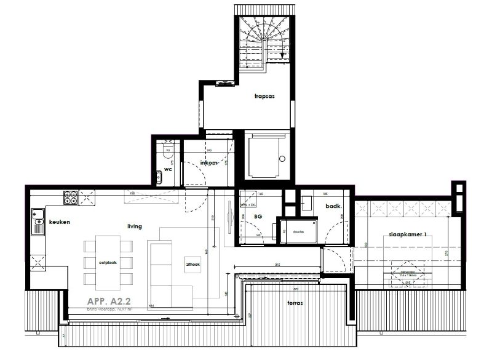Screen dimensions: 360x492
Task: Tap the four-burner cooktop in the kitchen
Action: pyautogui.click(x=70, y=198)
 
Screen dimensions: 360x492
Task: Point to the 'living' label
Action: pyautogui.click(x=134, y=226)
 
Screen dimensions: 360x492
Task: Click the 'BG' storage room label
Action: pyautogui.click(x=258, y=217)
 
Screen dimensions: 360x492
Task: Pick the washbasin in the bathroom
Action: pyautogui.click(x=307, y=201)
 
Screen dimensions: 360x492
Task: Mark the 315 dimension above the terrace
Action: pyautogui.click(x=278, y=265)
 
